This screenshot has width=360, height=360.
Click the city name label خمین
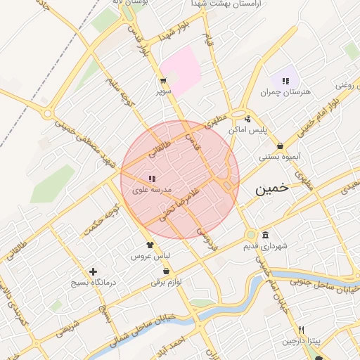tap(272, 189)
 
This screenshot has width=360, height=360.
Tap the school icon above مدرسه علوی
tap(153, 179)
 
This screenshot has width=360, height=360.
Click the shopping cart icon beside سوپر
tap(162, 81)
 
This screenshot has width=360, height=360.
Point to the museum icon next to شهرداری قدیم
tap(264, 235)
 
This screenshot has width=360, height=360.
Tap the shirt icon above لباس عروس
tap(150, 245)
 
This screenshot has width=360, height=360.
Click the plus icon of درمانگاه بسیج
tap(93, 271)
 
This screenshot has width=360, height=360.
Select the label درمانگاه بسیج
tap(92, 282)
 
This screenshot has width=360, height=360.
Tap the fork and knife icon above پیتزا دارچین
tap(301, 330)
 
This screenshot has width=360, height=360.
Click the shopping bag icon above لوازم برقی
tap(166, 271)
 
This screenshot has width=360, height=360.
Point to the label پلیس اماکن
tap(248, 131)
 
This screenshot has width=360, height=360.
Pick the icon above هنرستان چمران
tap(285, 81)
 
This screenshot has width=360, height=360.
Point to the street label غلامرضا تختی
tap(180, 204)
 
